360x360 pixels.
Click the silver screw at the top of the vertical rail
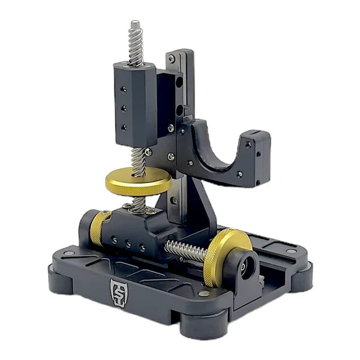(171, 58)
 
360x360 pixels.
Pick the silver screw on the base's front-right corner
(206, 294)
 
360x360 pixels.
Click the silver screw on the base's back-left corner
(70, 254)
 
